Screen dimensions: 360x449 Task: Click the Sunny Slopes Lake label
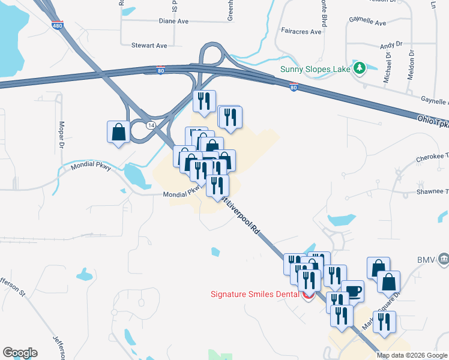tap(316, 68)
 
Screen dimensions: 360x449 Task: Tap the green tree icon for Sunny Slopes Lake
tap(360, 68)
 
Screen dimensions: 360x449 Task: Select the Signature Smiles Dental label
tap(255, 294)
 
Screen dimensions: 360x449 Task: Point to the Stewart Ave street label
tap(149, 45)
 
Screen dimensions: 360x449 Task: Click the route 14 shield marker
tap(150, 125)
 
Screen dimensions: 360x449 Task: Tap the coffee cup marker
tap(352, 290)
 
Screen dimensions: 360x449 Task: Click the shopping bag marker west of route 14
tap(118, 132)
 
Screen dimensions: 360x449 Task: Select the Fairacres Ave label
tap(301, 31)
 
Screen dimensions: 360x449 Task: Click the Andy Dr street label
tap(390, 45)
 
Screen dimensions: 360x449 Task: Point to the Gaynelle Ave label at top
tap(368, 22)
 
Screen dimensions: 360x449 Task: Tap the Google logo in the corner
tap(20, 353)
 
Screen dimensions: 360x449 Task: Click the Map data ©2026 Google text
tap(412, 355)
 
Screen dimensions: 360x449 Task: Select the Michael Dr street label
tap(388, 67)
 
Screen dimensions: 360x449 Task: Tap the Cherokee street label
tap(432, 160)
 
